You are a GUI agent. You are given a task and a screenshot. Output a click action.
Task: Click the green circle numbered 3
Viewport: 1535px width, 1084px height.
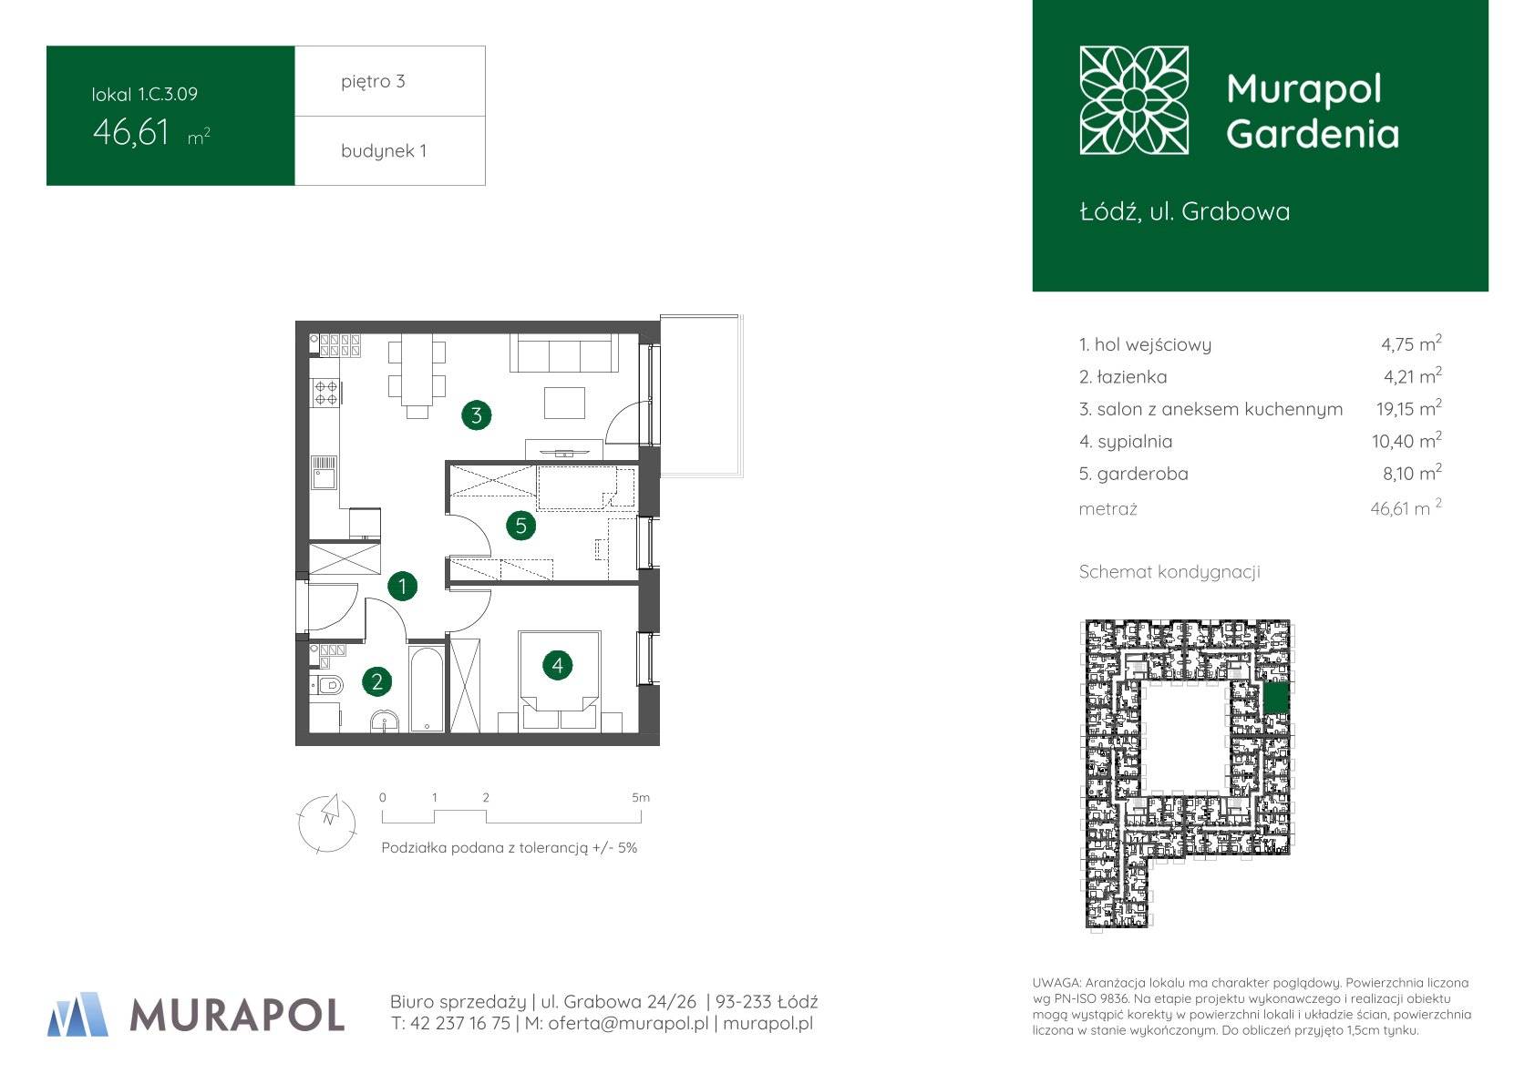pyautogui.click(x=476, y=415)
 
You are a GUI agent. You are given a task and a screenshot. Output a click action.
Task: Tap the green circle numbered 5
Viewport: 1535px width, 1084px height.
pyautogui.click(x=520, y=526)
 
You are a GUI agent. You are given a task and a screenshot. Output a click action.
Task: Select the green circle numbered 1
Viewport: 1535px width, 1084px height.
pyautogui.click(x=402, y=586)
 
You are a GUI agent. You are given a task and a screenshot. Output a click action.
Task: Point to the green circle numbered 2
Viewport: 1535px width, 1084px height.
pyautogui.click(x=376, y=681)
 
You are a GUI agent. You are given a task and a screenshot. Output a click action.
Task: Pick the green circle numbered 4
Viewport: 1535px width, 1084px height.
pyautogui.click(x=557, y=665)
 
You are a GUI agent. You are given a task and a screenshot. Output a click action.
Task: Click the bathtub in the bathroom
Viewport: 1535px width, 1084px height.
pyautogui.click(x=427, y=688)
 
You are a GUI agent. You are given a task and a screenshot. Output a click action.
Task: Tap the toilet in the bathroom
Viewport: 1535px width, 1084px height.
pyautogui.click(x=326, y=684)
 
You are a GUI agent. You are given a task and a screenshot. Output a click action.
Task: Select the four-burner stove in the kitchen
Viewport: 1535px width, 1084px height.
pyautogui.click(x=325, y=393)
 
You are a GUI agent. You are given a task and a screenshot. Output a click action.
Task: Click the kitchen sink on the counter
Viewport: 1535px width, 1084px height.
pyautogui.click(x=324, y=473)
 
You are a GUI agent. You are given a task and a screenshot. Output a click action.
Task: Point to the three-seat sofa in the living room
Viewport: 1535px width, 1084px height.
pyautogui.click(x=564, y=353)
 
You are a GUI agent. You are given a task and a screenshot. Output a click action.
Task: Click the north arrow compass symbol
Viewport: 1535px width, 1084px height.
pyautogui.click(x=327, y=823)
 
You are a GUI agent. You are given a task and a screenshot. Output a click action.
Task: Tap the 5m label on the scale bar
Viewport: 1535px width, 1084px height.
pyautogui.click(x=641, y=798)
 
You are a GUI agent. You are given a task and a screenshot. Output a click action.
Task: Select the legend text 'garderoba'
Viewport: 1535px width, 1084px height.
pyautogui.click(x=1142, y=474)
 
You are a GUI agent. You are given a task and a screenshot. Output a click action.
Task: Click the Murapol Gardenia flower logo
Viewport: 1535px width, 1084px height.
pyautogui.click(x=1134, y=100)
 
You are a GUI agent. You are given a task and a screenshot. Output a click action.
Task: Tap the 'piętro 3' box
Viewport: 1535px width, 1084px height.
pyautogui.click(x=390, y=81)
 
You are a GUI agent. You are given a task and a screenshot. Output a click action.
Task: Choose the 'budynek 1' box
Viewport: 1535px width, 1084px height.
pyautogui.click(x=390, y=150)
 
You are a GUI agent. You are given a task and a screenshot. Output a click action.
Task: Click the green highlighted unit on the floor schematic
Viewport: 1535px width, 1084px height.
pyautogui.click(x=1276, y=700)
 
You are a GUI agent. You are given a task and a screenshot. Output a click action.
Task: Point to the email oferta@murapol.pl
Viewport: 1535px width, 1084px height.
pyautogui.click(x=628, y=1024)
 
